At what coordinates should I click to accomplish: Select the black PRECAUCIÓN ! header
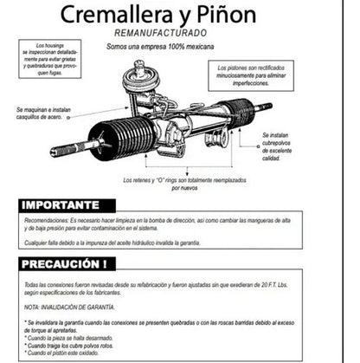point(66,264)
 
